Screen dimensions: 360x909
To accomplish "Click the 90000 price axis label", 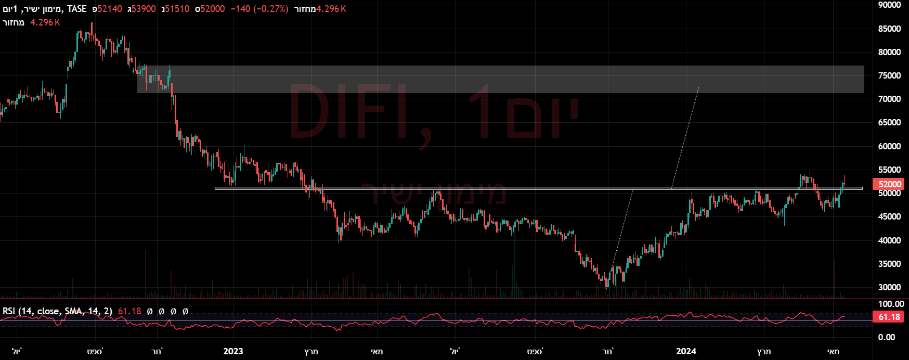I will pyautogui.click(x=889, y=5).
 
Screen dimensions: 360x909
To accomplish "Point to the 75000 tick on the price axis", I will pyautogui.click(x=889, y=75).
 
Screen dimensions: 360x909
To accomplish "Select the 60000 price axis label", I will pyautogui.click(x=889, y=146).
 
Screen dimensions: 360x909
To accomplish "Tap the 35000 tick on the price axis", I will pyautogui.click(x=889, y=264).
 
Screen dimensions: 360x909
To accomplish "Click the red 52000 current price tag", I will pyautogui.click(x=890, y=184).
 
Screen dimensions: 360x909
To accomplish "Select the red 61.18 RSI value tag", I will pyautogui.click(x=889, y=317).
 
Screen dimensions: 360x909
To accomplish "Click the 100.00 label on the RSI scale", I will pyautogui.click(x=891, y=304).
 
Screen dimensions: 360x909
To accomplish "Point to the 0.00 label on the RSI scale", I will pyautogui.click(x=887, y=337).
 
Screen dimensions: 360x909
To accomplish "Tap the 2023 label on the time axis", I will pyautogui.click(x=233, y=351).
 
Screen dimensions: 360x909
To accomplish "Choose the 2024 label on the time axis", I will pyautogui.click(x=686, y=351).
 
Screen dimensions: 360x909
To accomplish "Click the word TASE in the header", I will pyautogui.click(x=77, y=9).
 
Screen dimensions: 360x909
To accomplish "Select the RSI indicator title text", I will pyautogui.click(x=57, y=311).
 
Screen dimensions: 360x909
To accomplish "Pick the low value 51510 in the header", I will pyautogui.click(x=177, y=9).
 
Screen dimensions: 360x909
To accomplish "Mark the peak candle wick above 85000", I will pyautogui.click(x=92, y=24).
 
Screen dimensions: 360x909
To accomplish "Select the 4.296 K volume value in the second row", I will pyautogui.click(x=45, y=22).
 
